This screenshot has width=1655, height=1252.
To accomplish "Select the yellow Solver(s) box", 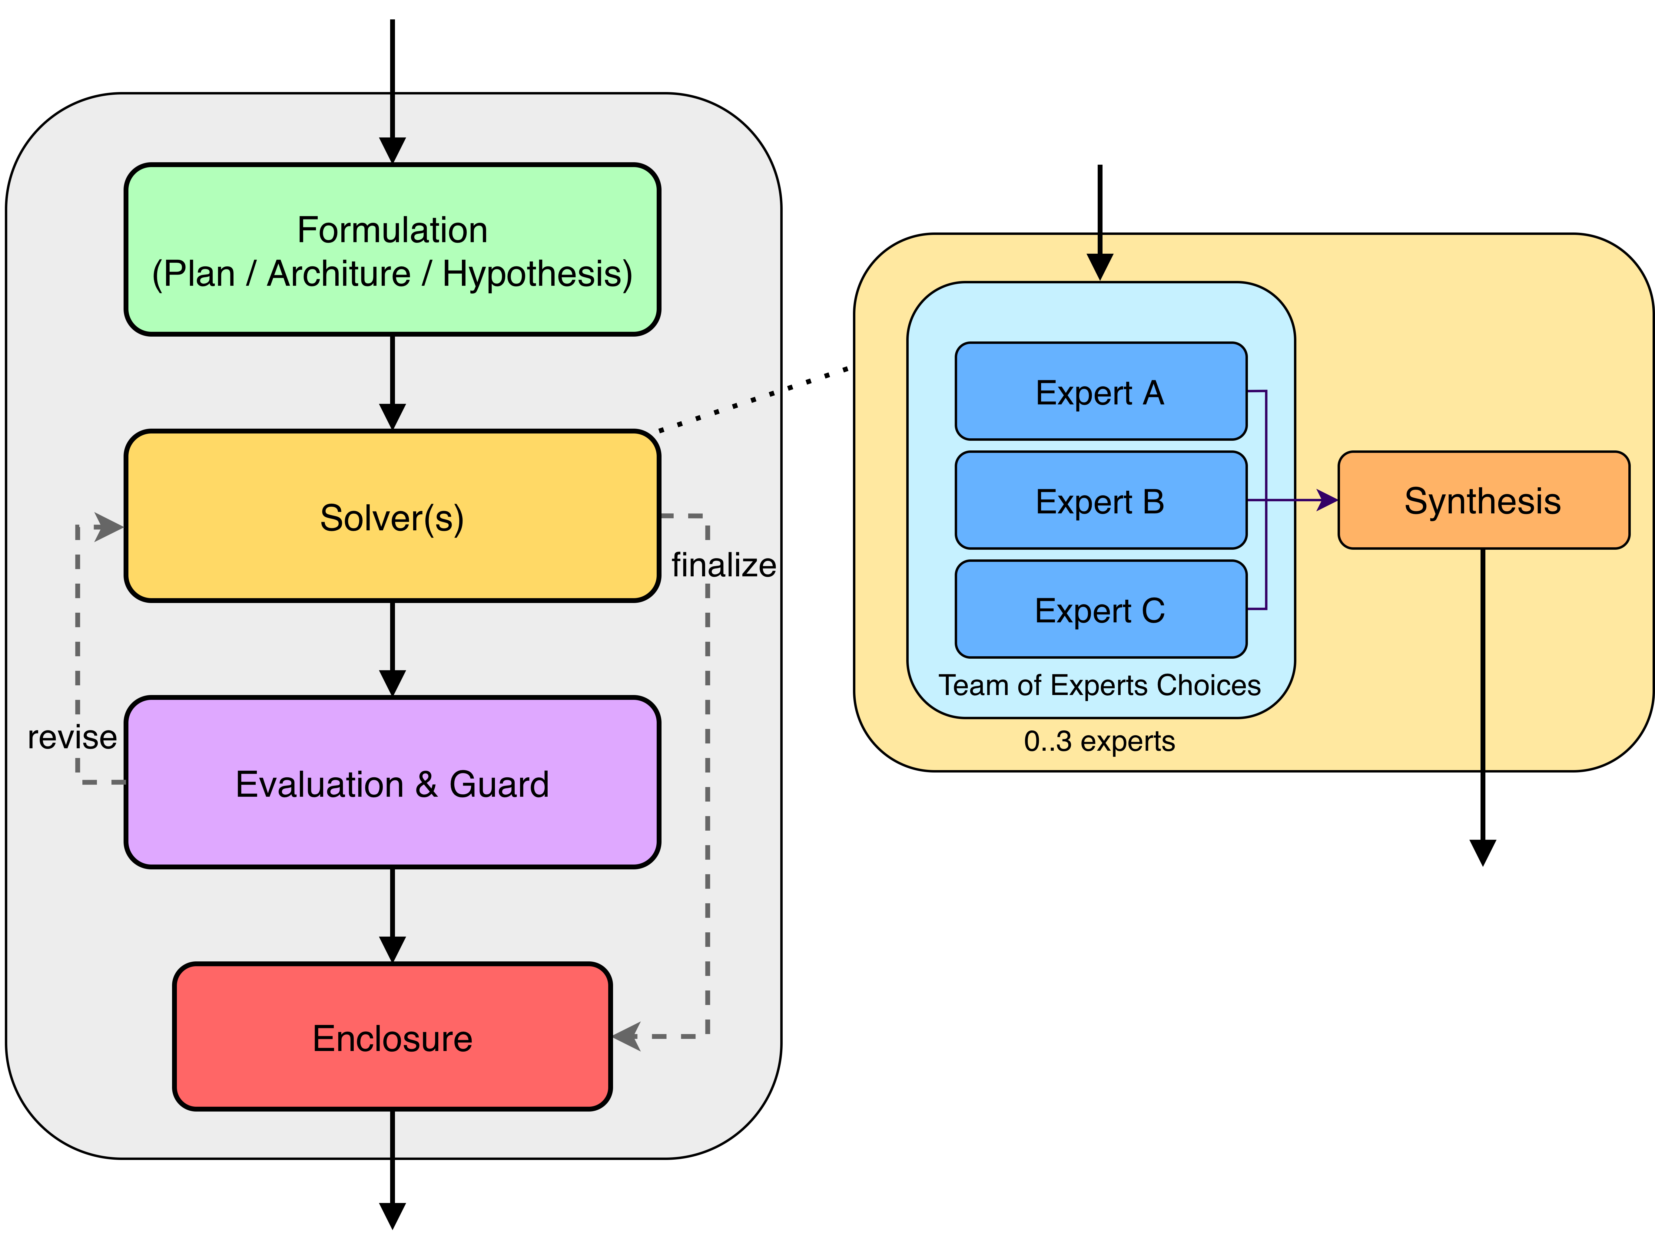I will (x=392, y=516).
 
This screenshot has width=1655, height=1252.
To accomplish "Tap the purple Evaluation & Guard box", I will (x=392, y=783).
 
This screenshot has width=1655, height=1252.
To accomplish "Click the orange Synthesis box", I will (x=1483, y=500).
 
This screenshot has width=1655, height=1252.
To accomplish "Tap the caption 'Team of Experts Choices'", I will (x=1099, y=685).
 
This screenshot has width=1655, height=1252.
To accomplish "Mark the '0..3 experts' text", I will (x=1099, y=741).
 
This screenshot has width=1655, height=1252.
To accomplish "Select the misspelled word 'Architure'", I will (x=339, y=274).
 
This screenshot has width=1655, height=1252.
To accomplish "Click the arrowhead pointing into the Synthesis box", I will (x=1327, y=500).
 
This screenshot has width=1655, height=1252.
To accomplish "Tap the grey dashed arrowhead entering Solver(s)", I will (x=110, y=526).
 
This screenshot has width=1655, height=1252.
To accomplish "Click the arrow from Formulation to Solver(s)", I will (x=392, y=381).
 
